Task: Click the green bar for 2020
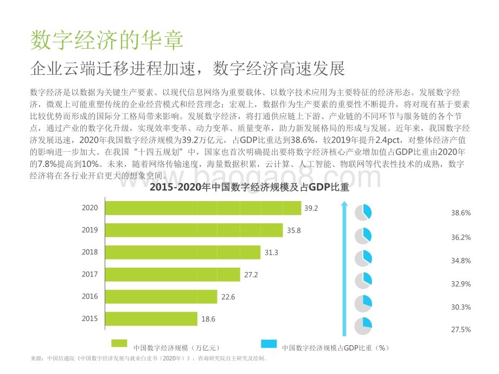[x=202, y=208]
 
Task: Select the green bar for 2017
[x=172, y=275]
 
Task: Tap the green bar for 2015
[x=150, y=319]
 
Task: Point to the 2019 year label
[x=90, y=230]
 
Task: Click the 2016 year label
[x=90, y=296]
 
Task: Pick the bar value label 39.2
[x=311, y=208]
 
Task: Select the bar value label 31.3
[x=271, y=253]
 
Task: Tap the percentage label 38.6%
[x=461, y=214]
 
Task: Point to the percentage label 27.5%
[x=461, y=330]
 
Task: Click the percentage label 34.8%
[x=461, y=261]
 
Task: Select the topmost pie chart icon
[x=363, y=212]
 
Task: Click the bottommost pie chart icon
[x=363, y=326]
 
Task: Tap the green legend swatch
[x=119, y=344]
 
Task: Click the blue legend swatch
[x=269, y=344]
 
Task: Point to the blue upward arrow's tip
[x=344, y=203]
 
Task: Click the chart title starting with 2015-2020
[x=249, y=189]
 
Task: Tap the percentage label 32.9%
[x=461, y=284]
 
